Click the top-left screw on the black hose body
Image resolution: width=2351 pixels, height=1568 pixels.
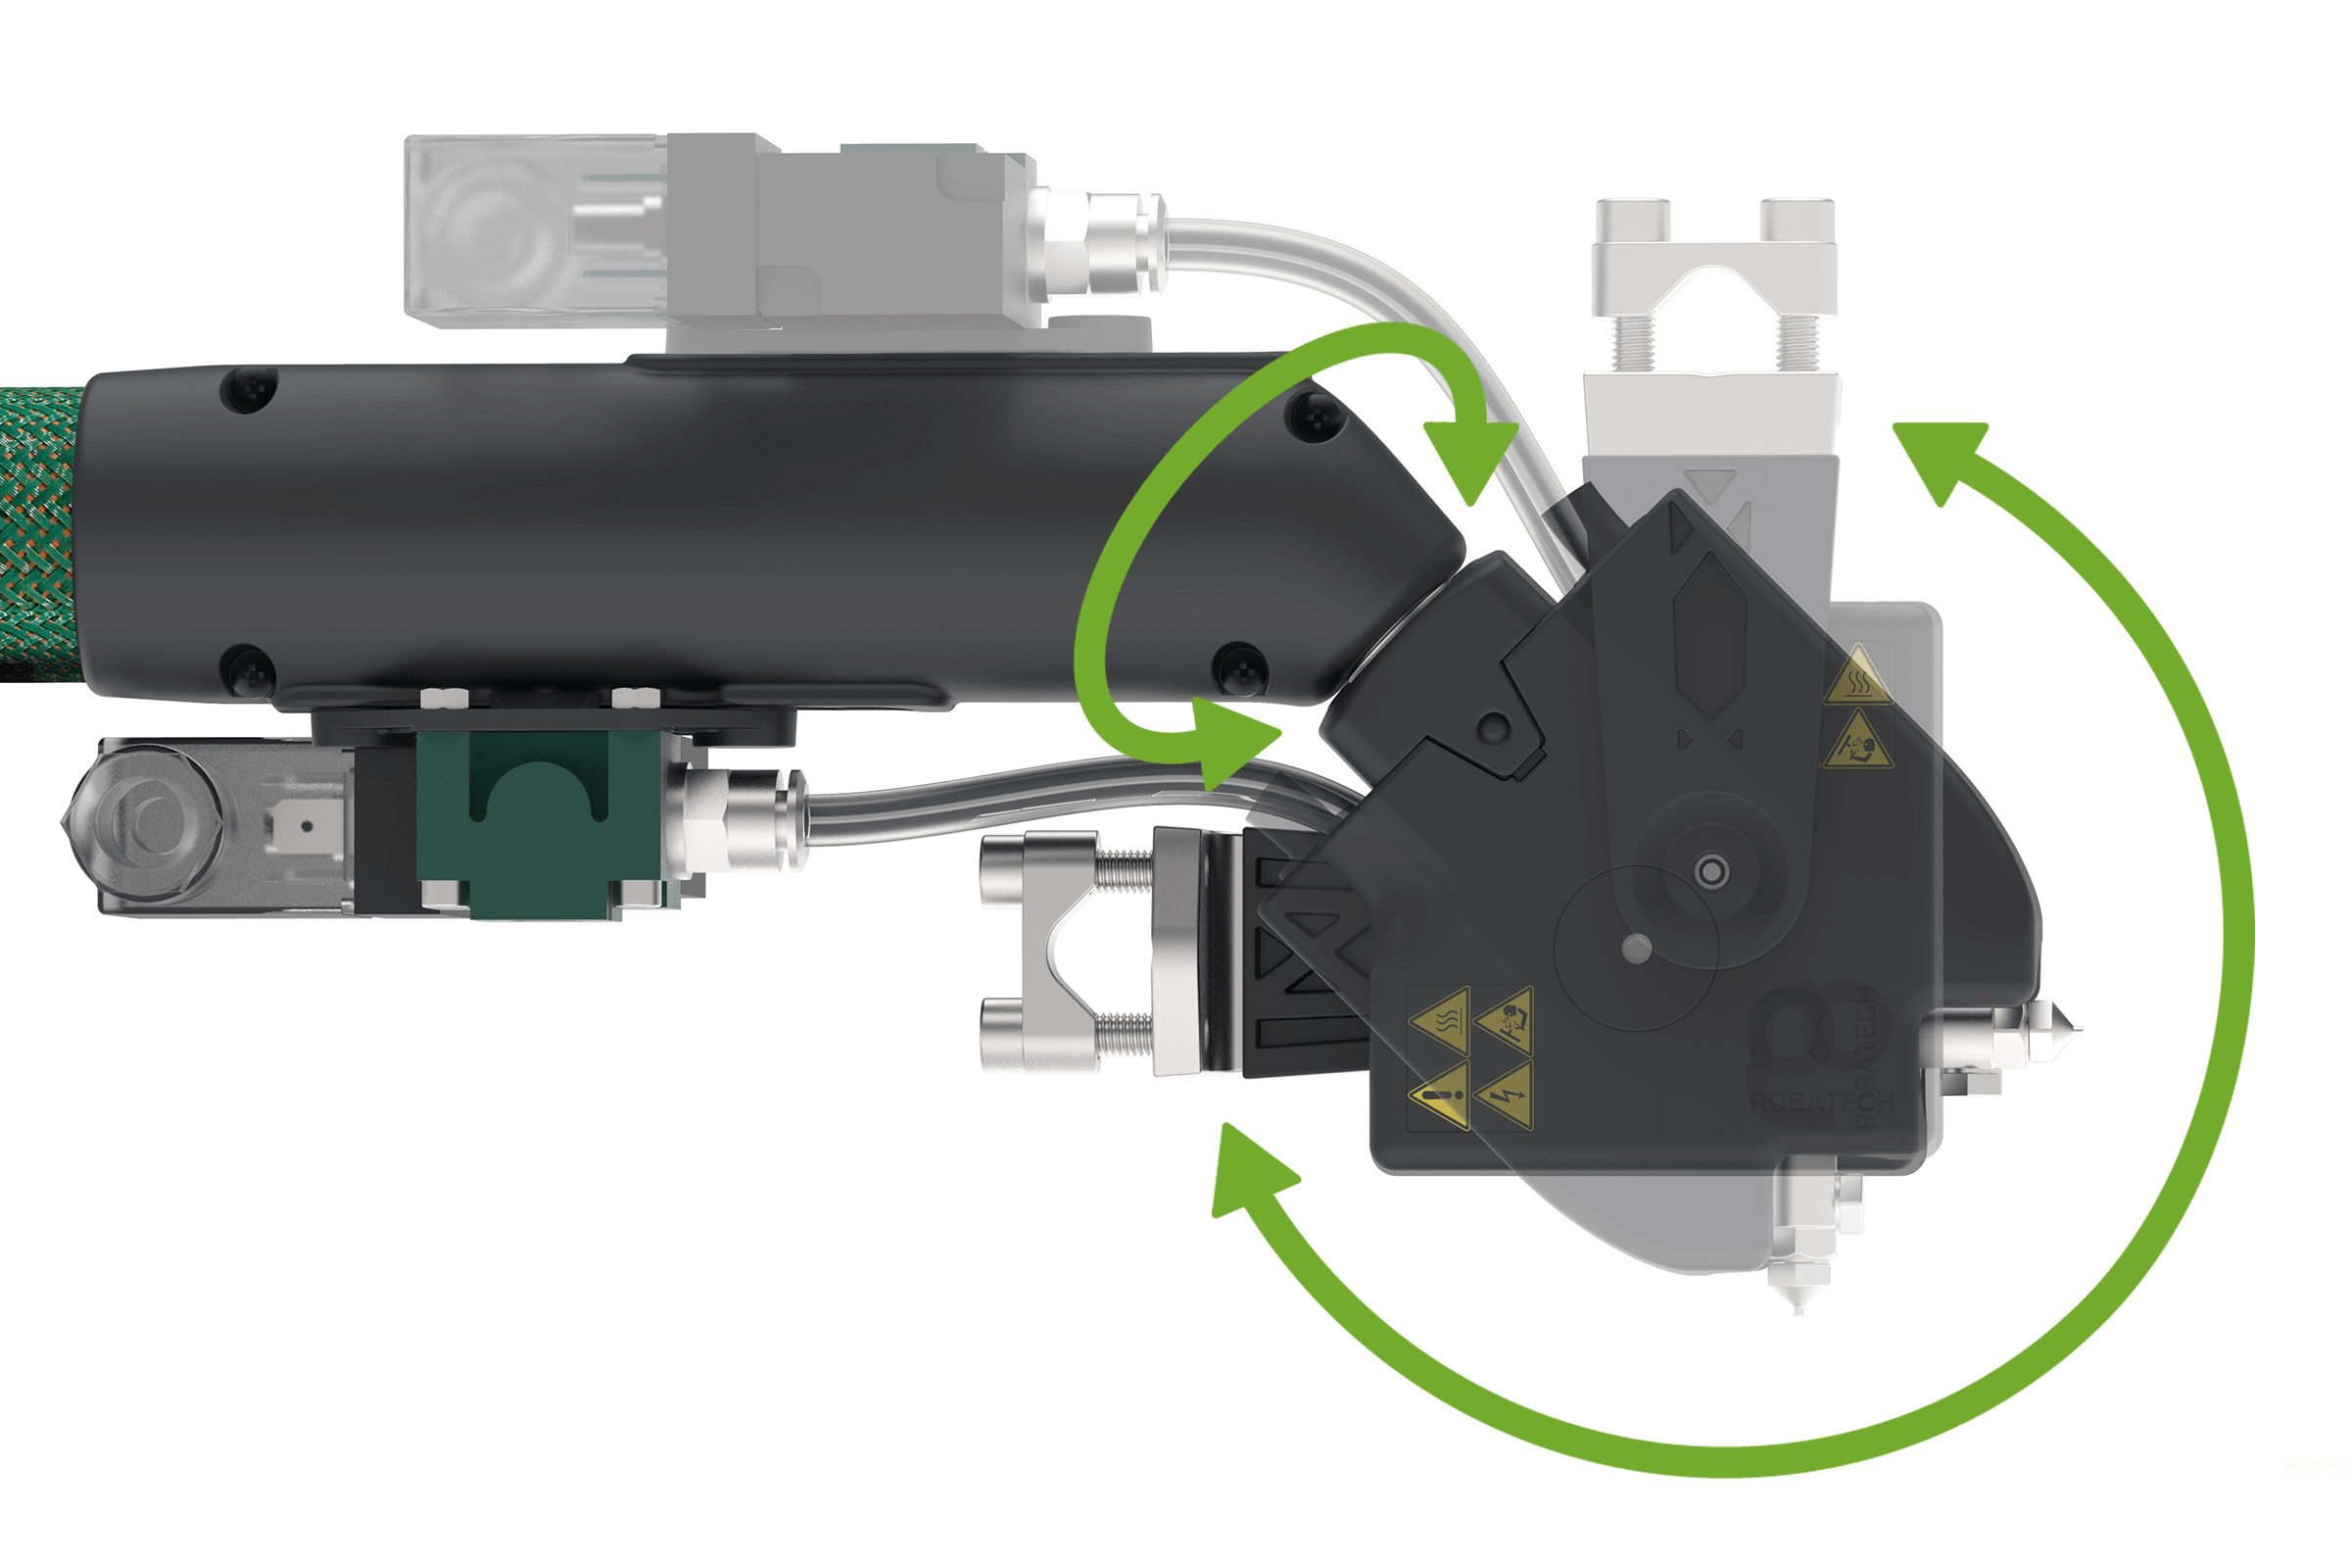click(x=248, y=389)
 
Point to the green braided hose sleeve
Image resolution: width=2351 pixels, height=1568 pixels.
click(x=40, y=530)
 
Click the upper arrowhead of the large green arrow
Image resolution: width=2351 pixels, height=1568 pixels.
click(x=1940, y=455)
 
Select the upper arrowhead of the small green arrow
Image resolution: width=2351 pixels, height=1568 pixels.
click(x=1469, y=455)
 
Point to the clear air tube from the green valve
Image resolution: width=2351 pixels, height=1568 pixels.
click(x=999, y=800)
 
